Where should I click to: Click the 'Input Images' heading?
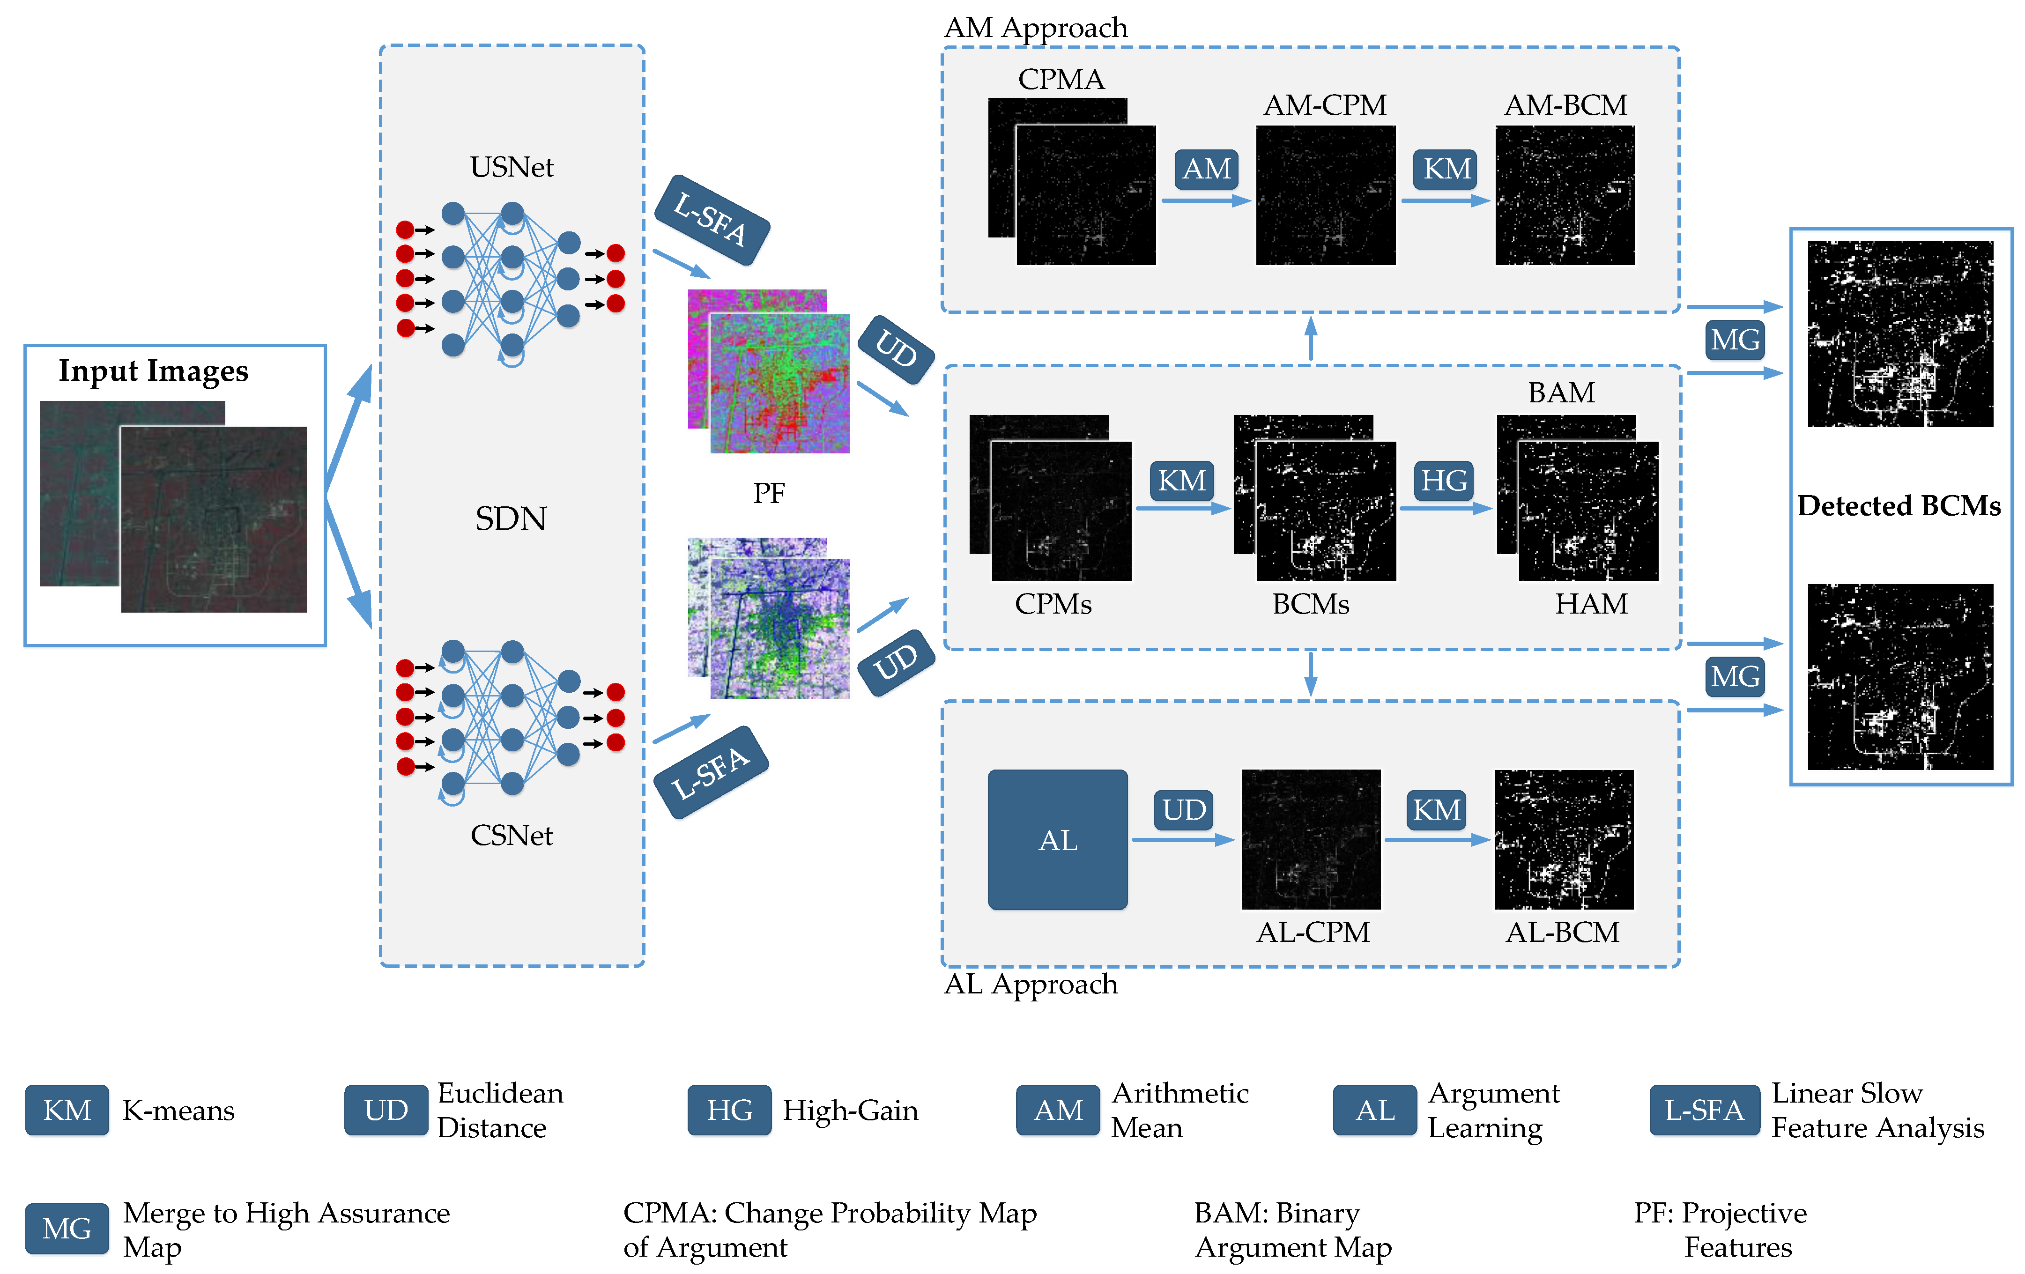click(153, 371)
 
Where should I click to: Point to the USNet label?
click(512, 167)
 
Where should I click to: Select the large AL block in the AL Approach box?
click(1057, 839)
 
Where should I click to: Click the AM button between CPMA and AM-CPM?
click(1207, 169)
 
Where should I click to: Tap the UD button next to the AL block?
click(1183, 810)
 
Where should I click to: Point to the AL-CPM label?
click(1312, 932)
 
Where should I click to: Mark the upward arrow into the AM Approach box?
click(1310, 338)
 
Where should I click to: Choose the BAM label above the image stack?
click(1561, 392)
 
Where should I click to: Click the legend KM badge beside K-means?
click(67, 1110)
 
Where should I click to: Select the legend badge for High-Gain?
click(729, 1110)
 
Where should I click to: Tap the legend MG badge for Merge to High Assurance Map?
click(67, 1229)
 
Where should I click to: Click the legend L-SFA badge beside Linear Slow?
click(1704, 1110)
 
